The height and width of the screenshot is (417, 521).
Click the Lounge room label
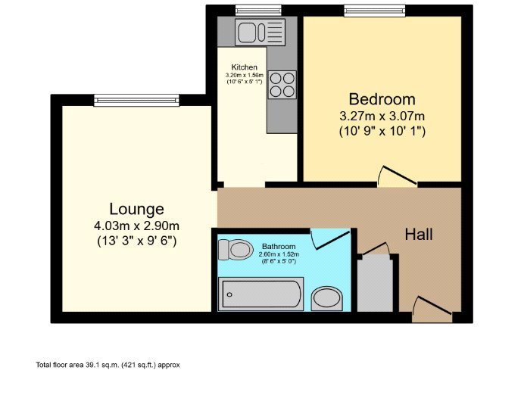pyautogui.click(x=136, y=209)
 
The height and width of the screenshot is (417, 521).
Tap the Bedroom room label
pyautogui.click(x=382, y=99)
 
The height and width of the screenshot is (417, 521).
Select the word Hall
pyautogui.click(x=418, y=235)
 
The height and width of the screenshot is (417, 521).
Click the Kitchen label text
pyautogui.click(x=244, y=67)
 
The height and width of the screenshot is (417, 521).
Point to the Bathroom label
pyautogui.click(x=279, y=247)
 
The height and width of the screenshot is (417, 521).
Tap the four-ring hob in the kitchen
pyautogui.click(x=282, y=83)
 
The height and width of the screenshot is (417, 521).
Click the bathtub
pyautogui.click(x=260, y=294)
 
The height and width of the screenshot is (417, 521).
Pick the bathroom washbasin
pyautogui.click(x=327, y=298)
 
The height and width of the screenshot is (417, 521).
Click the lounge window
pyautogui.click(x=136, y=99)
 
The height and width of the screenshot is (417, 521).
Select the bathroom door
pyautogui.click(x=330, y=238)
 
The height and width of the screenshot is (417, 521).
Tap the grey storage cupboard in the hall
pyautogui.click(x=375, y=284)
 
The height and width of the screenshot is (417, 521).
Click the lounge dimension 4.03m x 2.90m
pyautogui.click(x=136, y=226)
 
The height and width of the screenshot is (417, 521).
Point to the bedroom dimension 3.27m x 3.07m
pyautogui.click(x=382, y=116)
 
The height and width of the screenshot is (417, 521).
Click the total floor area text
pyautogui.click(x=108, y=365)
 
